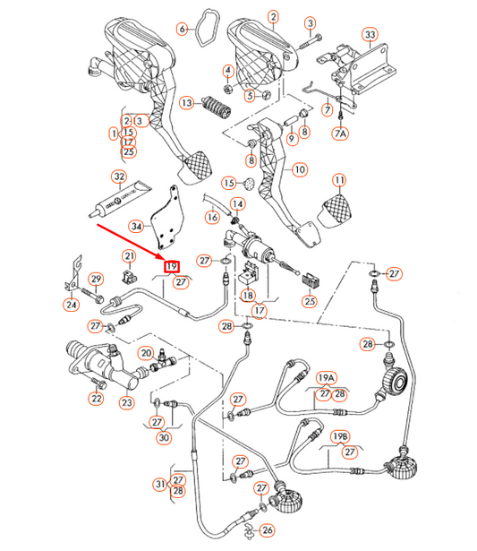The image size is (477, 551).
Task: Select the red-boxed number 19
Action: point(172,266)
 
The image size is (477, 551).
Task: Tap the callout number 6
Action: point(183,29)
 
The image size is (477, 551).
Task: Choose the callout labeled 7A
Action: point(340,133)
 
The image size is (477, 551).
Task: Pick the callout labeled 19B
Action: point(340,436)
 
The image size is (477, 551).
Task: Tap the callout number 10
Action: point(300,168)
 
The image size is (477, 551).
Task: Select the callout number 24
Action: point(71,305)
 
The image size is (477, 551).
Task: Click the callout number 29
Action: point(96,280)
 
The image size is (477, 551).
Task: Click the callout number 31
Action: point(159,484)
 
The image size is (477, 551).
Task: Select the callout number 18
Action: point(247,295)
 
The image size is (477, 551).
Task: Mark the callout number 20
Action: point(145,353)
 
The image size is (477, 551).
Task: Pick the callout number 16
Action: point(212,217)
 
